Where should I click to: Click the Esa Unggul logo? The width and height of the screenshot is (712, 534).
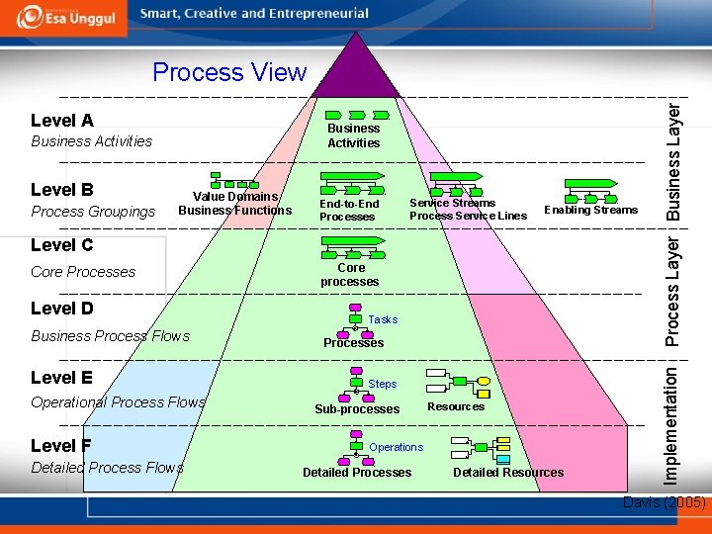pos(65,18)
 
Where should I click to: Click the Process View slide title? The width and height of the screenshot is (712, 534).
pos(229,72)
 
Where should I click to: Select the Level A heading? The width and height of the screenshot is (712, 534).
pos(62,121)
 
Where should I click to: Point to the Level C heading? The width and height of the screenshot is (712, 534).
pos(62,245)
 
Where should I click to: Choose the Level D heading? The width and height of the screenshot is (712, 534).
pos(62,309)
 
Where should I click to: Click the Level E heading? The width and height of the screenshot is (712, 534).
pos(62,377)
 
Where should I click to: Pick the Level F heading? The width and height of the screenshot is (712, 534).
pos(62,445)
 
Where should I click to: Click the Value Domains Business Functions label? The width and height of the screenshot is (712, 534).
pos(235,204)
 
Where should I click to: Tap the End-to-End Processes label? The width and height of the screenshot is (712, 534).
pos(348,211)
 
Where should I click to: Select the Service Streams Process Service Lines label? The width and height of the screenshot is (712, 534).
pos(468,210)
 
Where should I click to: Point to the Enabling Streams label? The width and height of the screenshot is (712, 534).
pos(590,210)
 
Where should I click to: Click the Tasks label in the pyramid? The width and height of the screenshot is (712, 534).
pos(383,319)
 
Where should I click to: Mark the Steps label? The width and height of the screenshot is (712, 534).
pos(382,384)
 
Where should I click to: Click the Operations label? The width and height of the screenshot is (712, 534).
pos(396,447)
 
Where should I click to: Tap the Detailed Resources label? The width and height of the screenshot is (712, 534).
pos(508,473)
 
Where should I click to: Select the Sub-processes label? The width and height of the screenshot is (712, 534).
pos(357,409)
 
